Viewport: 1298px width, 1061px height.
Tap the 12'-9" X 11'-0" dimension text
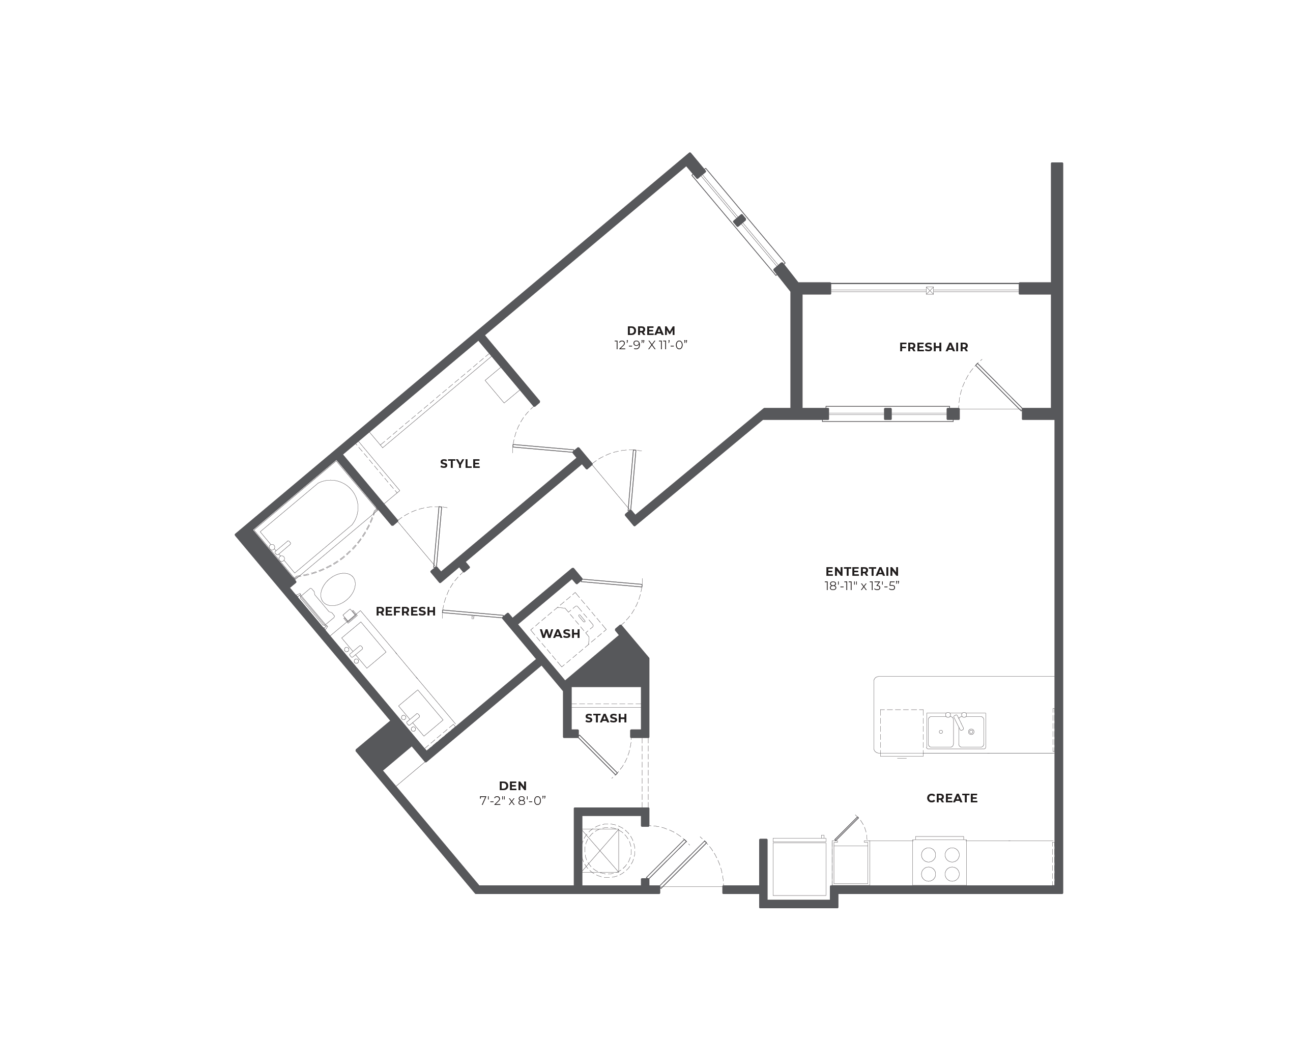[x=651, y=345]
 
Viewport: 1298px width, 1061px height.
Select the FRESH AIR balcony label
[x=933, y=347]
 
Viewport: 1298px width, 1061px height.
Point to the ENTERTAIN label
[x=862, y=571]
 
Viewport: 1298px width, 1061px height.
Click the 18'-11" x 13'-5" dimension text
[x=862, y=586]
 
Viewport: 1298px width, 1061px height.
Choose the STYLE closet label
[x=460, y=464]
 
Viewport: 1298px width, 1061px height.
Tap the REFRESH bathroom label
[x=406, y=611]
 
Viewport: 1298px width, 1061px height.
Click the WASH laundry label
[x=560, y=634]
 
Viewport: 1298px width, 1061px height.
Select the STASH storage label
[x=606, y=718]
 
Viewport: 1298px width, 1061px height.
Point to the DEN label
[x=512, y=786]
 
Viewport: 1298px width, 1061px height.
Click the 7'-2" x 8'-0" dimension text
[x=512, y=801]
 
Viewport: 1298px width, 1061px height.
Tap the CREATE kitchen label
[x=951, y=798]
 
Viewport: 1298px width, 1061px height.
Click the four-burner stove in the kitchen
[x=939, y=862]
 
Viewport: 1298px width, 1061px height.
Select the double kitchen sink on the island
[x=956, y=731]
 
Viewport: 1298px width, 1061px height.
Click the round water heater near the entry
[x=607, y=850]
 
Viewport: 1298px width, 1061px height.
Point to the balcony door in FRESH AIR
[x=999, y=387]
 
